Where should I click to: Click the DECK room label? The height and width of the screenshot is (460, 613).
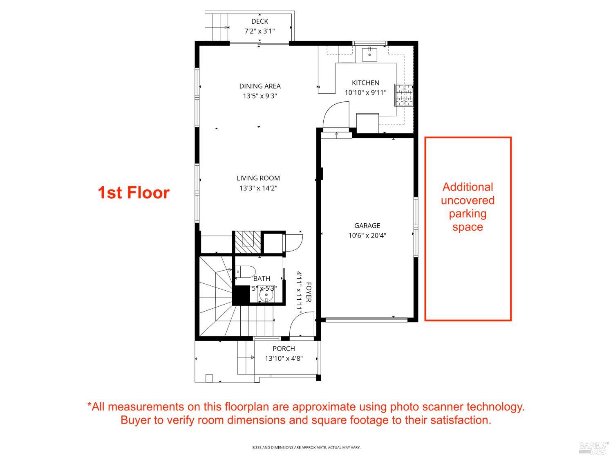(260, 21)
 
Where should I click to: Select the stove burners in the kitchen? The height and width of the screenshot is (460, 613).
(403, 95)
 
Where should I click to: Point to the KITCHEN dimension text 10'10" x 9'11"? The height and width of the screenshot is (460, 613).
(365, 93)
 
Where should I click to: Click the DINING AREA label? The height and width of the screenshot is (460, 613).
(260, 86)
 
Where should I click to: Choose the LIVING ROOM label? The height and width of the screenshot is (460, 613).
(258, 178)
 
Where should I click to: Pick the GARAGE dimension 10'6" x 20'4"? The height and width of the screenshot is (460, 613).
(367, 236)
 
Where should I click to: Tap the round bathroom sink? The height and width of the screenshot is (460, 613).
(266, 294)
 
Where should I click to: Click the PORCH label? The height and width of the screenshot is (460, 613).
(284, 349)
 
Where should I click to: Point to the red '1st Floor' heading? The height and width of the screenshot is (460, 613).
(134, 193)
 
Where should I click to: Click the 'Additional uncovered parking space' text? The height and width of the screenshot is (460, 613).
(468, 207)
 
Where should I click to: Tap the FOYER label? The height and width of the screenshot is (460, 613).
(309, 292)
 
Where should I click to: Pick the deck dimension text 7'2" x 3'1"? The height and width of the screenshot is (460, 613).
(260, 31)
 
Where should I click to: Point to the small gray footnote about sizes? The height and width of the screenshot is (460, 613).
(306, 448)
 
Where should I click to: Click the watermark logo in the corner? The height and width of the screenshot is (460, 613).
(594, 447)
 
